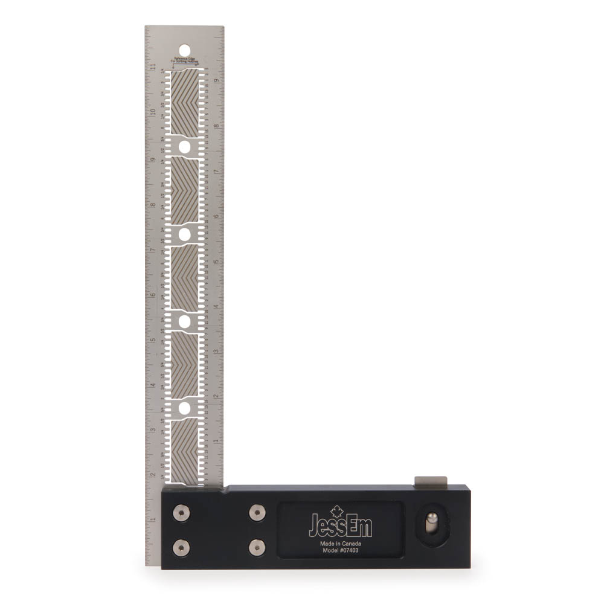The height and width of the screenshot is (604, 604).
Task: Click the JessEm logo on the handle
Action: [340, 526]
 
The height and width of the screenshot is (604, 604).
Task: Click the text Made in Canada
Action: [340, 544]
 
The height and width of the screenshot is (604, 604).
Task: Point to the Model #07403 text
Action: [340, 551]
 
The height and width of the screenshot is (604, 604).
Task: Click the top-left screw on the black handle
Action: [181, 513]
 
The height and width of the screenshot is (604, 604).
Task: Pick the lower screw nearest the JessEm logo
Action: [257, 547]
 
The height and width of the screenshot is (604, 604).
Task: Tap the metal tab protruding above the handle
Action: [431, 481]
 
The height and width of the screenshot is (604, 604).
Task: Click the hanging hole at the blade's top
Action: [184, 50]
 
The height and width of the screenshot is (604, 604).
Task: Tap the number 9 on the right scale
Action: [216, 79]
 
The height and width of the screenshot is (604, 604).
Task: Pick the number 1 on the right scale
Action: [216, 442]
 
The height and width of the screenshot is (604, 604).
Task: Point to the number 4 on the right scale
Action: [216, 306]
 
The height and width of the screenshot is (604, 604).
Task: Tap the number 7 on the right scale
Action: [216, 170]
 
